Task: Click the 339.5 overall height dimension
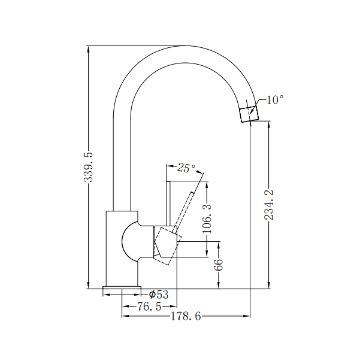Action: pos(89,167)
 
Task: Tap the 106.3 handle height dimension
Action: pos(207,219)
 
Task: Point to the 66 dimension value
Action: pos(219,263)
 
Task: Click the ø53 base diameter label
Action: pos(158,295)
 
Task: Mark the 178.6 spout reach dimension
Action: pos(186,316)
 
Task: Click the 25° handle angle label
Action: pos(186,168)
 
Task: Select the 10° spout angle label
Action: pos(275,100)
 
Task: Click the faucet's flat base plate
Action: pos(122,291)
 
